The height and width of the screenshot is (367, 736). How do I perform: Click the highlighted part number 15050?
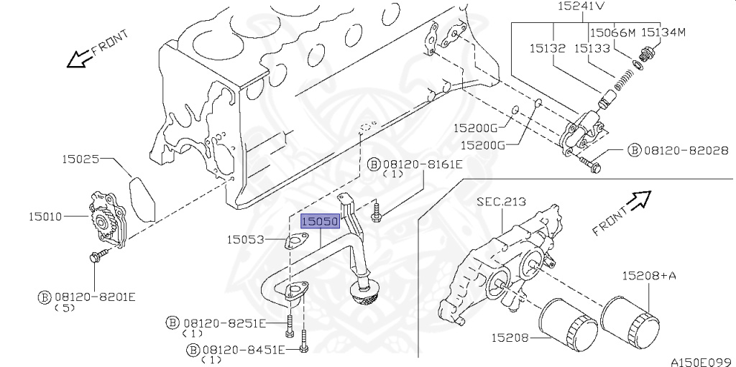(319, 222)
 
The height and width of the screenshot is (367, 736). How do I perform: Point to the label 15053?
(247, 240)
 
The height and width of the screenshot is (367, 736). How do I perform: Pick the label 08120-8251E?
(224, 323)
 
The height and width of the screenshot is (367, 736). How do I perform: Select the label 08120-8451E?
(244, 349)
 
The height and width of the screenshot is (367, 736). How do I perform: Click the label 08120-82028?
(686, 151)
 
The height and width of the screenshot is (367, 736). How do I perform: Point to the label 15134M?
(663, 32)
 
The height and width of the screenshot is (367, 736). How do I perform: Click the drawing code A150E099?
(701, 361)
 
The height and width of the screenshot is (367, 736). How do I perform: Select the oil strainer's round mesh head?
(364, 294)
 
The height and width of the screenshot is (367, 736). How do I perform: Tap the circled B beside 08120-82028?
(634, 151)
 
